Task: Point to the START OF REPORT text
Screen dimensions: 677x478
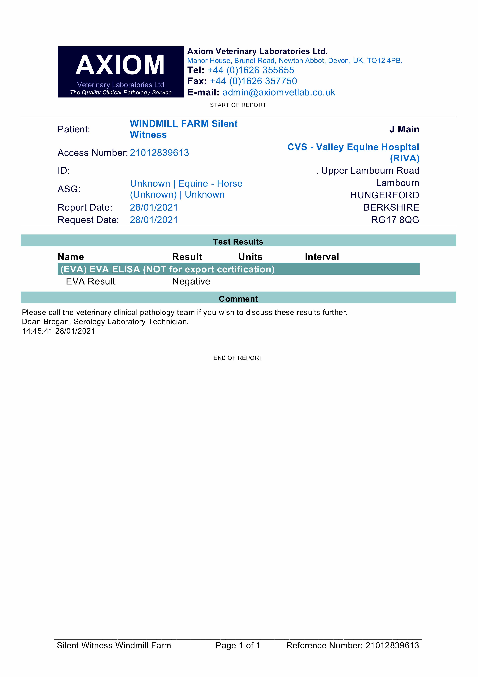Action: point(238,105)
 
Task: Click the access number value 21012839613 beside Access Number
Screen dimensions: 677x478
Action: point(159,153)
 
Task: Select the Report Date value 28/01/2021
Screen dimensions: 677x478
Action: point(154,208)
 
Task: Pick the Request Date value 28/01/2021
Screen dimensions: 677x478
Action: point(154,220)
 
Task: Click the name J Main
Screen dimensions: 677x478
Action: point(404,129)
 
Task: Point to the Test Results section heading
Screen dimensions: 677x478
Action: point(238,242)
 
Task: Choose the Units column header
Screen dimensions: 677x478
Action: point(250,257)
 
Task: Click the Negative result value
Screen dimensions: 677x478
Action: point(191,282)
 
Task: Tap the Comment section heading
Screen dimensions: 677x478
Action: point(238,299)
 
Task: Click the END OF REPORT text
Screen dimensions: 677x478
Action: point(238,358)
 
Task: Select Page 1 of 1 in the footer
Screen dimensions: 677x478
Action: point(238,645)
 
